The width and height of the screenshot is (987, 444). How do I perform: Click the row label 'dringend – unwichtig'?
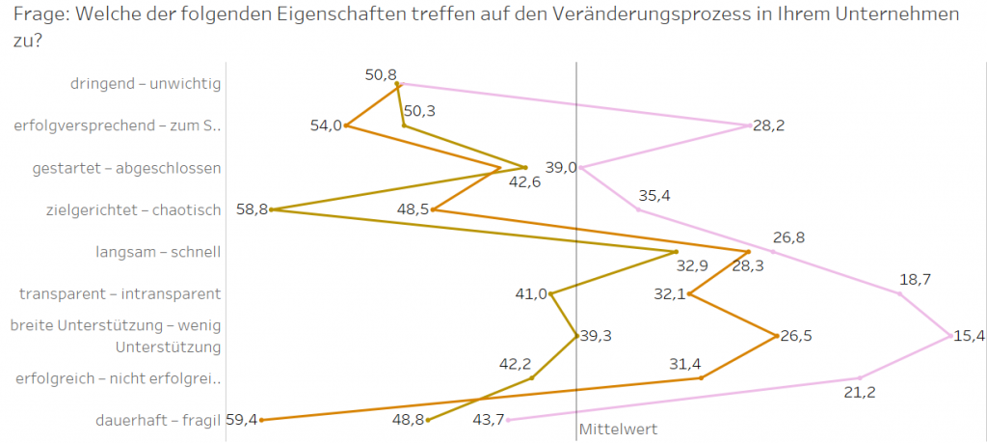pos(146,83)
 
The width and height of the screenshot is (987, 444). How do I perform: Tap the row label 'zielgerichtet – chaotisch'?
pos(134,210)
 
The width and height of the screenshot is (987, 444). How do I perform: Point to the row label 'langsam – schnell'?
pos(158,252)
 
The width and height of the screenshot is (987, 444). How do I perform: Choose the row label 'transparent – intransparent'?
pos(120,293)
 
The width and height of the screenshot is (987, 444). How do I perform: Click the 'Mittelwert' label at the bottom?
pos(617,429)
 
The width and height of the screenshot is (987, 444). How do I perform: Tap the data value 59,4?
pos(241,420)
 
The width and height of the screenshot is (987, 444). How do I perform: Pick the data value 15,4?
pos(969,336)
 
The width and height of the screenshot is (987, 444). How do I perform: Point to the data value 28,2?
pos(768,125)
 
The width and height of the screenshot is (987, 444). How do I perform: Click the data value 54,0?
pos(326,125)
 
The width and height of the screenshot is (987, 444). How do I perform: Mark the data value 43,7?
pos(487,420)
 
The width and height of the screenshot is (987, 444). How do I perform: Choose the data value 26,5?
pos(795,336)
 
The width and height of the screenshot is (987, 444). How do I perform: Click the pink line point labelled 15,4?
pos(949,336)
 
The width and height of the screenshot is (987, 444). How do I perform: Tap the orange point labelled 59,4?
pos(261,420)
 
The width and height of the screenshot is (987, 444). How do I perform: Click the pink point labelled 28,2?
pos(749,125)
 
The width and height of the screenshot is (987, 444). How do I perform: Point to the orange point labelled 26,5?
pos(777,336)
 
